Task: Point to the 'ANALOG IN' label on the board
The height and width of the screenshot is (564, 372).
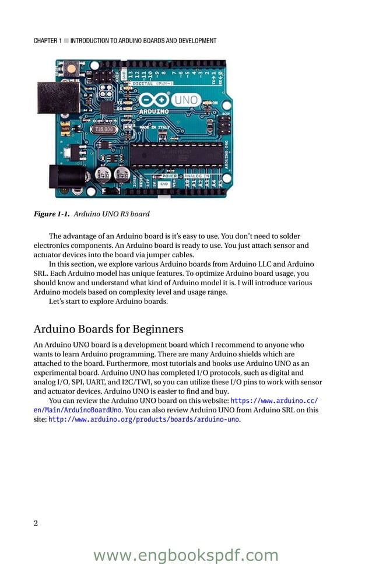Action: coord(199,176)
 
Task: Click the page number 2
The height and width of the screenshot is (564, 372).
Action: coord(36,523)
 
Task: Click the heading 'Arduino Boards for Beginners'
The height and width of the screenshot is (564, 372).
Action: coord(108,329)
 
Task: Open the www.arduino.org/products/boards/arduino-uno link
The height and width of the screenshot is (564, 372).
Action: coord(143,419)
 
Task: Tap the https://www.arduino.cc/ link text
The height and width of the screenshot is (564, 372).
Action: coord(274,401)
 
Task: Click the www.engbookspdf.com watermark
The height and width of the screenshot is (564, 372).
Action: coord(185,555)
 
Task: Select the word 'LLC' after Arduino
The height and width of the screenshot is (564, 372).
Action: coord(266,264)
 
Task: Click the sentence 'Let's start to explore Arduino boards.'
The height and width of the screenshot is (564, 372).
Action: coord(108,302)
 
